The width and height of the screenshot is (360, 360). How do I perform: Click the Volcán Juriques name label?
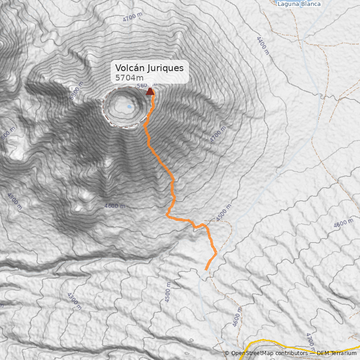(149, 68)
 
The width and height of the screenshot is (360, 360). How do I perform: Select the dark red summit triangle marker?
(150, 91)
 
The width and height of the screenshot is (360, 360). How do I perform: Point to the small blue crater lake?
(130, 107)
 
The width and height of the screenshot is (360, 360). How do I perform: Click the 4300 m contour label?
(74, 301)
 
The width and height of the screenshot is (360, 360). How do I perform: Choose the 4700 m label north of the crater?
(132, 18)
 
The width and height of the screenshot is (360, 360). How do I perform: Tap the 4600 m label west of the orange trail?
(114, 206)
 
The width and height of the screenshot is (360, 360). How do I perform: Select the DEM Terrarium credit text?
(337, 353)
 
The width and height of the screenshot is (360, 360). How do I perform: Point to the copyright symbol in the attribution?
(227, 354)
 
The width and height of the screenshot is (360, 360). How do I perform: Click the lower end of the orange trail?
(207, 269)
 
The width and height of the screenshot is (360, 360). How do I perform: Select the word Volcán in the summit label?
(127, 68)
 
